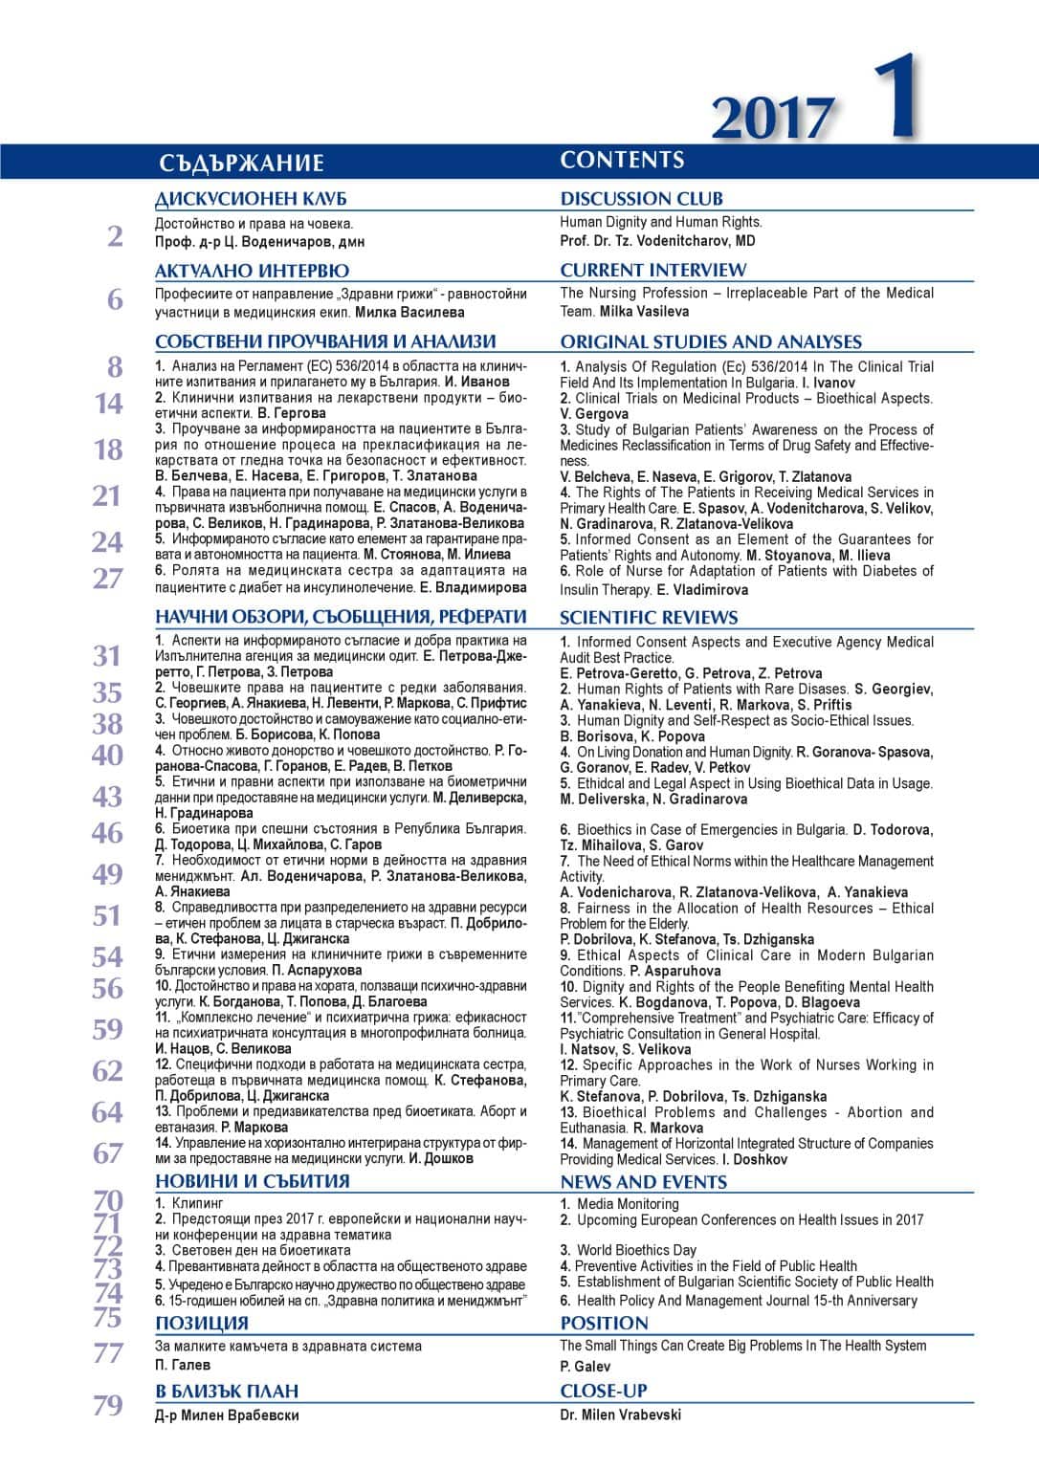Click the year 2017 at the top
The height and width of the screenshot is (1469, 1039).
click(x=771, y=119)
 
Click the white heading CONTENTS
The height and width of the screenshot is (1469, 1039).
click(x=622, y=160)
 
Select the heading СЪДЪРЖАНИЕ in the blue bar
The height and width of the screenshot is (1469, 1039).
click(x=241, y=163)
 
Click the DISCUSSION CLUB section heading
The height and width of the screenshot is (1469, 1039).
click(x=641, y=199)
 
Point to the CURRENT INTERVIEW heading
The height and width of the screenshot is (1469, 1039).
click(x=652, y=270)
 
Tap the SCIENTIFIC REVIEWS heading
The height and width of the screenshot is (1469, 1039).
click(x=649, y=617)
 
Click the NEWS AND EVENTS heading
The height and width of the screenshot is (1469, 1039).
click(x=643, y=1181)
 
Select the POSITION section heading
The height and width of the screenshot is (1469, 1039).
click(x=604, y=1323)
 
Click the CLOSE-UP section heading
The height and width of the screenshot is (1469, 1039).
click(x=603, y=1391)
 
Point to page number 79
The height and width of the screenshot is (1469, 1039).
click(x=107, y=1405)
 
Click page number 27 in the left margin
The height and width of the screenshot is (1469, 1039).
click(x=107, y=578)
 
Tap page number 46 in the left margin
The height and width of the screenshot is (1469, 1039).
click(x=107, y=832)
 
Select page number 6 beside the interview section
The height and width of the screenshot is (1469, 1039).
click(x=115, y=299)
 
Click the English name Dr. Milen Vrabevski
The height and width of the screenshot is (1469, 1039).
click(x=620, y=1414)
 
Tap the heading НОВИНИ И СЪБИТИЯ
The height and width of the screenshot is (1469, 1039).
click(x=252, y=1181)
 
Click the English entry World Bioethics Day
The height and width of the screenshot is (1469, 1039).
click(x=636, y=1250)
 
